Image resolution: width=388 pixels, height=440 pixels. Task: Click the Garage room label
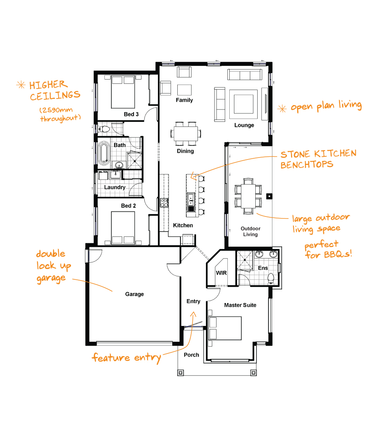[x=134, y=294]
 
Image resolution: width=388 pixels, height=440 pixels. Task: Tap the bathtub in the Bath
[x=104, y=154]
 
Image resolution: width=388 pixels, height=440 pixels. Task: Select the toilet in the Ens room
[x=271, y=278]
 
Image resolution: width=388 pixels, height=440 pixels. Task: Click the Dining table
[x=185, y=133]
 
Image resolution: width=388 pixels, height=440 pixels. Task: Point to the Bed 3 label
[x=131, y=114]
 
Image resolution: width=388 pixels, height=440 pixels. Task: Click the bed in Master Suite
[x=225, y=328]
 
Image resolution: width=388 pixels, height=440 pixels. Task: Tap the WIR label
[x=221, y=273]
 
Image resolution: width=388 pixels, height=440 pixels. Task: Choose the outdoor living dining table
[x=248, y=196]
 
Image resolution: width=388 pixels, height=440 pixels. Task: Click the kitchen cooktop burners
[x=164, y=203]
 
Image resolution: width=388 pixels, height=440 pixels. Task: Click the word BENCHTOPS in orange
[x=307, y=165]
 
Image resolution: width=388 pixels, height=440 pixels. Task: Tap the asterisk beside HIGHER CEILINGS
[x=21, y=85]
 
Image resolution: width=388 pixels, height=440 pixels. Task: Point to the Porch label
[x=191, y=355]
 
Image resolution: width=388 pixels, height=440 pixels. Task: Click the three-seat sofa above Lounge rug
[x=245, y=74]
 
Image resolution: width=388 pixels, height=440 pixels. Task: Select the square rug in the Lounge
[x=244, y=104]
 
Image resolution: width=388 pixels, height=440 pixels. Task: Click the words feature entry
[x=126, y=358]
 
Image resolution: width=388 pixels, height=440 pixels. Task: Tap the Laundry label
[x=115, y=187]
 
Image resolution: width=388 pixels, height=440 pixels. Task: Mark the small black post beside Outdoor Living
[x=269, y=196]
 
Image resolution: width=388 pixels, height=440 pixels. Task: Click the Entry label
[x=193, y=301]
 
